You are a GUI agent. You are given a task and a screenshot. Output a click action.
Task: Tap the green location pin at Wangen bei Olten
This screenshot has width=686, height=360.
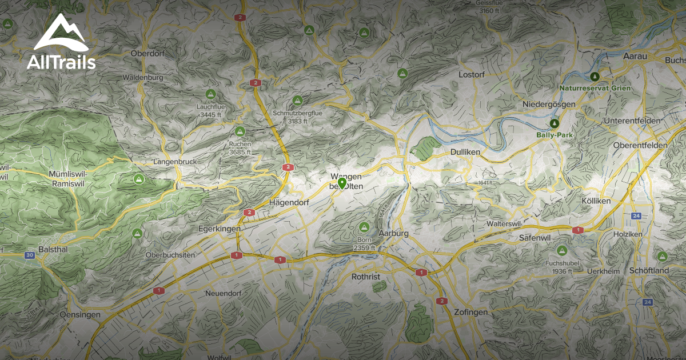(x=342, y=183)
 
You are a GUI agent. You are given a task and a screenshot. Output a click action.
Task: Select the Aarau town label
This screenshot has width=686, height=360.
(x=634, y=55)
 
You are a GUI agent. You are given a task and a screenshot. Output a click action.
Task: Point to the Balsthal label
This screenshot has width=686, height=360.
(x=55, y=250)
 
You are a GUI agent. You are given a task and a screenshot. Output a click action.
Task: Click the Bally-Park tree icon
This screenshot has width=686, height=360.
(x=553, y=123)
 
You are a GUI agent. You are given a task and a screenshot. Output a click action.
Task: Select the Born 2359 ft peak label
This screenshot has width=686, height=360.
(x=364, y=243)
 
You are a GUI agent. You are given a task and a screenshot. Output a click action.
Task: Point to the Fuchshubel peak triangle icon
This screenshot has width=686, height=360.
(x=561, y=250)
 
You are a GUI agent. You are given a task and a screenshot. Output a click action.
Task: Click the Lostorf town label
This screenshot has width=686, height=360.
(x=472, y=74)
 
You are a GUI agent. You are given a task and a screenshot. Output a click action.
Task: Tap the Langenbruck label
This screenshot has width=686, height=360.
(x=175, y=162)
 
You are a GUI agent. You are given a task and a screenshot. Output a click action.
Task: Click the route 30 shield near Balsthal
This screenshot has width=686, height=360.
(x=29, y=255)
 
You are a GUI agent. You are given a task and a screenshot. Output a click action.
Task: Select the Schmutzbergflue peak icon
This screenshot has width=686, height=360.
(x=297, y=101)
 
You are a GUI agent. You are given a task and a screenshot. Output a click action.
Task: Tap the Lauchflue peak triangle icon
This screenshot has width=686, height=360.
(x=210, y=93)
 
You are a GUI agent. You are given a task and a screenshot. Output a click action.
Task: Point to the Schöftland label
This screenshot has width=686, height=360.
(x=649, y=270)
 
